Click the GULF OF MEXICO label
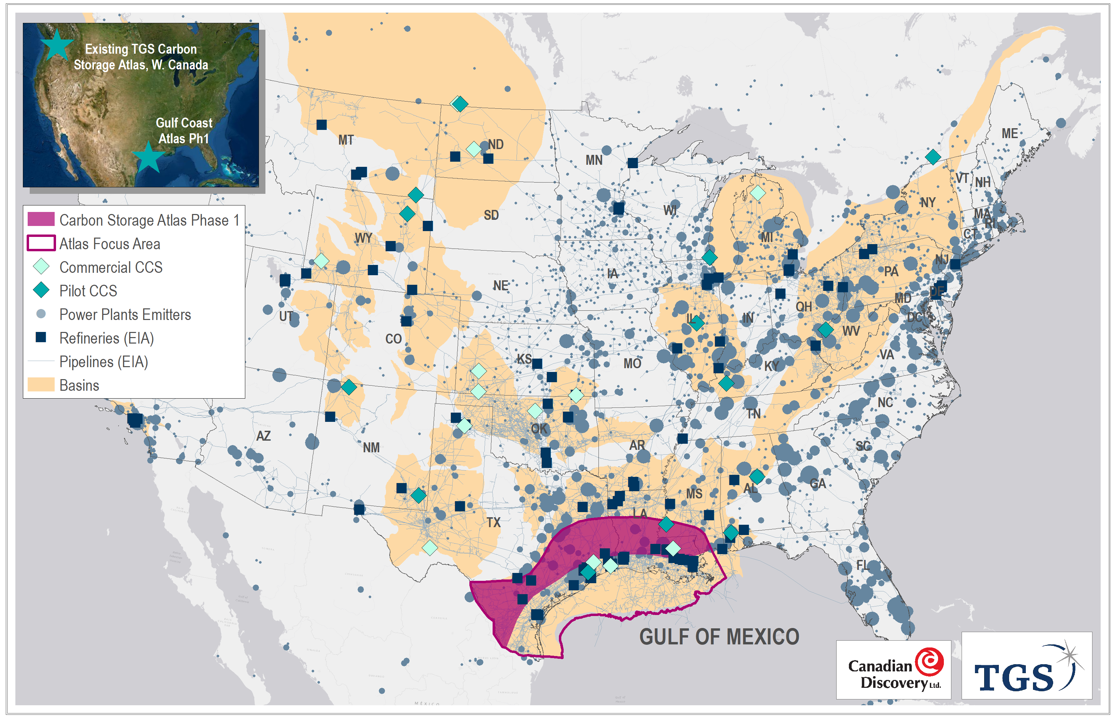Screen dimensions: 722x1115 [x=719, y=637]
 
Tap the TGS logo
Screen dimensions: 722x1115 [x=1026, y=666]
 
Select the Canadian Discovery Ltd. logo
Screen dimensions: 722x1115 [x=893, y=669]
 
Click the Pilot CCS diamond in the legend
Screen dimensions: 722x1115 [x=41, y=290]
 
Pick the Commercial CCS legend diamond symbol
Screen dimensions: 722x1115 [x=41, y=267]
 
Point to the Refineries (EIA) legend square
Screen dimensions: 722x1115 [x=41, y=337]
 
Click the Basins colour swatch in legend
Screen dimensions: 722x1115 [x=41, y=385]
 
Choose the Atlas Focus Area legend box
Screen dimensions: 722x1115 [x=41, y=243]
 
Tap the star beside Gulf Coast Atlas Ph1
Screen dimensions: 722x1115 [x=148, y=158]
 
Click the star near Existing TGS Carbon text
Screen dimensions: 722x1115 [x=57, y=44]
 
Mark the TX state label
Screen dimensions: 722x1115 [x=493, y=522]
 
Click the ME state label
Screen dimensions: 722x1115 [x=1009, y=134]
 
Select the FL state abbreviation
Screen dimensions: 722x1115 [x=863, y=565]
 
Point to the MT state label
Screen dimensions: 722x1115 [x=346, y=140]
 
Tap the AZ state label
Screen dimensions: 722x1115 [x=263, y=436]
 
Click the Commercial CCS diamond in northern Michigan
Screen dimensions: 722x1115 [x=758, y=193]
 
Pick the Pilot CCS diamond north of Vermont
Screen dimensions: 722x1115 [x=933, y=157]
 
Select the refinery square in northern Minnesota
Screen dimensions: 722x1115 [x=632, y=163]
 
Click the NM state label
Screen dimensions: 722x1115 [x=371, y=447]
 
